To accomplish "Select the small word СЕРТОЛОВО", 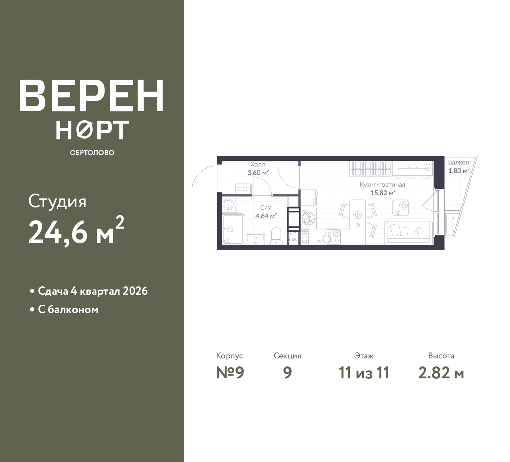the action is click(92, 153).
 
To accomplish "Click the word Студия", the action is click(57, 202).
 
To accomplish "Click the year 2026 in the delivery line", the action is click(135, 291).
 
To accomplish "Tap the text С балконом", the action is click(68, 309).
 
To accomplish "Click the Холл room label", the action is click(257, 164).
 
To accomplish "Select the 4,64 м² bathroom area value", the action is click(266, 216).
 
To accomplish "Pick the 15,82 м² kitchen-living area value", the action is click(383, 193).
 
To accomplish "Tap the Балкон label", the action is click(458, 162).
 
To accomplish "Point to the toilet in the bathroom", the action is click(276, 236).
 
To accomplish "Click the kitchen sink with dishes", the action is click(308, 217).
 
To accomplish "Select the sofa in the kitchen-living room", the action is click(408, 233).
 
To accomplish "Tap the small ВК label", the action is click(294, 239).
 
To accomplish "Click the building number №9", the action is click(230, 373).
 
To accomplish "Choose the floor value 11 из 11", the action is click(364, 373).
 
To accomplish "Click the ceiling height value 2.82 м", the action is click(441, 373).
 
